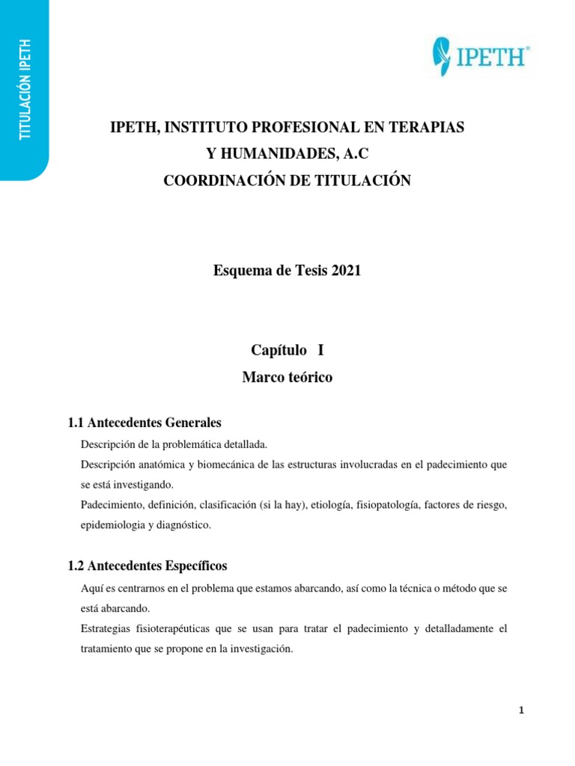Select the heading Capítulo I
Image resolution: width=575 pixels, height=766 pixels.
(287, 350)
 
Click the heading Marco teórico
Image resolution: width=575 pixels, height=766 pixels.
(287, 378)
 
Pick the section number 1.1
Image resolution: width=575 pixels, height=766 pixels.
(77, 423)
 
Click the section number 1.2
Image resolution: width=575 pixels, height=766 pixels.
(77, 566)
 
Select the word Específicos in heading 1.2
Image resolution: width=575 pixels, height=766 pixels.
(196, 566)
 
